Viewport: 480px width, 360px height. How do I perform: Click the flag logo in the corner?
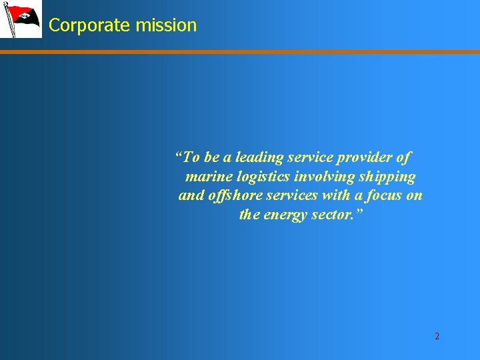tap(21, 19)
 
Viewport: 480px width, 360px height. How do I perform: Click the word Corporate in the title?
tap(89, 25)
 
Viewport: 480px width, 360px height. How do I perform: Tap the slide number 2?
tap(437, 336)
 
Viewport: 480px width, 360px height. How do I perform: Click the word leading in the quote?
tap(259, 158)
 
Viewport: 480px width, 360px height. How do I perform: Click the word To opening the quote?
tap(190, 158)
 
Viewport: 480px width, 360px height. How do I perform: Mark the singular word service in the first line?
tap(310, 158)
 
